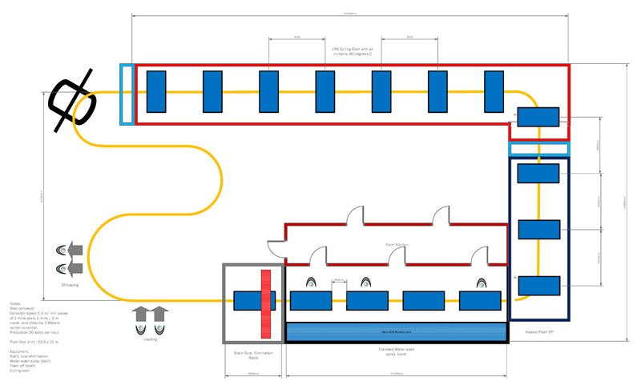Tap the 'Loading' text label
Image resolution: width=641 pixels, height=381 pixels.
tap(151, 339)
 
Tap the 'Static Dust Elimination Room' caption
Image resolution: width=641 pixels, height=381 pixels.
tap(252, 355)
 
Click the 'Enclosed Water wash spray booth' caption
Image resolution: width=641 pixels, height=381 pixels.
tap(396, 351)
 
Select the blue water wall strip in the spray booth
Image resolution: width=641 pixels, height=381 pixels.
tap(397, 331)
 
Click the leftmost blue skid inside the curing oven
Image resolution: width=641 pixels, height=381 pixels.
tap(155, 91)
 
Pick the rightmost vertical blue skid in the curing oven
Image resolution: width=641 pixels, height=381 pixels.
tap(495, 91)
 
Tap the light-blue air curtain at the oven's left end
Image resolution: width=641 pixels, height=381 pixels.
tap(126, 94)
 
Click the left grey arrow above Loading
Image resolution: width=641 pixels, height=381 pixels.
tap(141, 313)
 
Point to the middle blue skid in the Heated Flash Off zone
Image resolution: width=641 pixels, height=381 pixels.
tap(538, 229)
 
